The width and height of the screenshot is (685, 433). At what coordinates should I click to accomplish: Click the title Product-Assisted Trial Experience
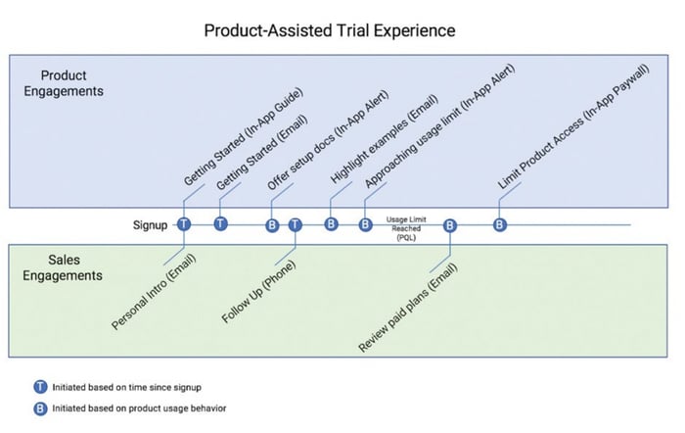pos(330,30)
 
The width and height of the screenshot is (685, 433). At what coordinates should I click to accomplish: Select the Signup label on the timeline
pos(150,225)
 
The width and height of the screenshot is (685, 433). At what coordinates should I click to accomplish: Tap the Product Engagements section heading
pos(64,83)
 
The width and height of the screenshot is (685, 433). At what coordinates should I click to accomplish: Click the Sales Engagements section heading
pos(63,267)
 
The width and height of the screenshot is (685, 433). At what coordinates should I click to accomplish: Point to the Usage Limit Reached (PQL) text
pos(406,228)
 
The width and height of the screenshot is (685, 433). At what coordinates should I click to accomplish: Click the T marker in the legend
pos(40,387)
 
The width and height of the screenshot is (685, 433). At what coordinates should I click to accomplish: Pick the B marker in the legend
pos(40,409)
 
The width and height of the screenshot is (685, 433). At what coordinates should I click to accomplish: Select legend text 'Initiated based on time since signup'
pos(126,387)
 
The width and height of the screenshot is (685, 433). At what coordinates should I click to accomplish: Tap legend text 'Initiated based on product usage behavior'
pos(139,409)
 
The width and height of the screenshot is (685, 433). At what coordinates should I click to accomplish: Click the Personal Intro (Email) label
pos(154,292)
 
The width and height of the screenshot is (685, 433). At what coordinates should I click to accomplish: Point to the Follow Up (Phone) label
pos(258,291)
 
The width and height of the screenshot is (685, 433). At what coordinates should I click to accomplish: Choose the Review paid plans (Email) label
pos(408,307)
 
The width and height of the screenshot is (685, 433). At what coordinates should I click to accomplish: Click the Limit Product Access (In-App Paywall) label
pos(573,126)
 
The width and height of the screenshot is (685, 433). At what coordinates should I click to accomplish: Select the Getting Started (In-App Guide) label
pos(243,137)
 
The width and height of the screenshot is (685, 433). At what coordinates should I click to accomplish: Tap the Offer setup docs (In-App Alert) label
pos(328,140)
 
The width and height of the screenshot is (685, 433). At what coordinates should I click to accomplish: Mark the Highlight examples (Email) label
pos(384,139)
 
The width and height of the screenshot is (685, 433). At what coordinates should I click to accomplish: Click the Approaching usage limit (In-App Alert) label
pos(440,126)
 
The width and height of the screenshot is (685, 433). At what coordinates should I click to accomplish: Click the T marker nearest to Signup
pos(184,224)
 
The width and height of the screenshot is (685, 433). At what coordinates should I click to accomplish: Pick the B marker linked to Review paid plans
pos(450,225)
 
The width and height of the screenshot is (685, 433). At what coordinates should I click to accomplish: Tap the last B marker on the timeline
pos(500,224)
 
